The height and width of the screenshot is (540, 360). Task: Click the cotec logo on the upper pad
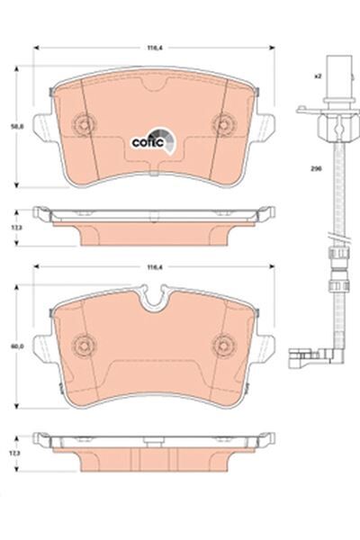[x=149, y=139]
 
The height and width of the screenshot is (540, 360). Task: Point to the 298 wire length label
[x=318, y=168]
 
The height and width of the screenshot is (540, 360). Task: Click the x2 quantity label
[x=318, y=78]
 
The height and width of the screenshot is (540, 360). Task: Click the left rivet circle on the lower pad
[x=84, y=342]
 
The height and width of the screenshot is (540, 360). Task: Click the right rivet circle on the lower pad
[x=222, y=342]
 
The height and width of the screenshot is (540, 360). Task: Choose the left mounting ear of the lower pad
[x=40, y=346]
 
